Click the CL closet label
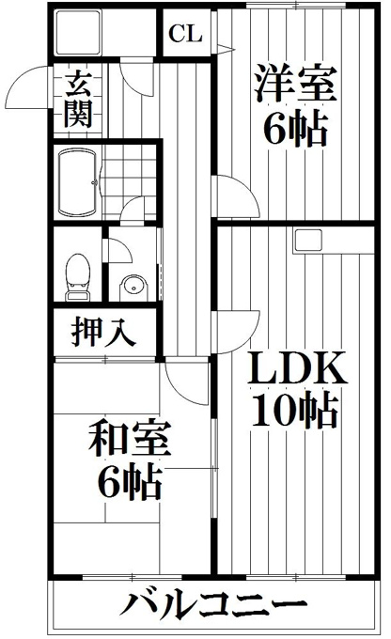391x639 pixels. (x=185, y=34)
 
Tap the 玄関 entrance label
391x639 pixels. (x=78, y=101)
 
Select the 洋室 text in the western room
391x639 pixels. (x=295, y=84)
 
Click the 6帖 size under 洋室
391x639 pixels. (x=295, y=128)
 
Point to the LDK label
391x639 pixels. (x=297, y=368)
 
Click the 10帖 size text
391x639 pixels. (x=295, y=411)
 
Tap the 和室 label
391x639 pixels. (x=130, y=439)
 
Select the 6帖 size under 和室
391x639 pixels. (x=130, y=482)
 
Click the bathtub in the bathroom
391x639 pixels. (x=78, y=182)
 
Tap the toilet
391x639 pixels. (x=77, y=277)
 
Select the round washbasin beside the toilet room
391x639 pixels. (x=133, y=288)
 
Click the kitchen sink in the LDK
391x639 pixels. (x=308, y=241)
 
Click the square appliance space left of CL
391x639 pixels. (x=78, y=33)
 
